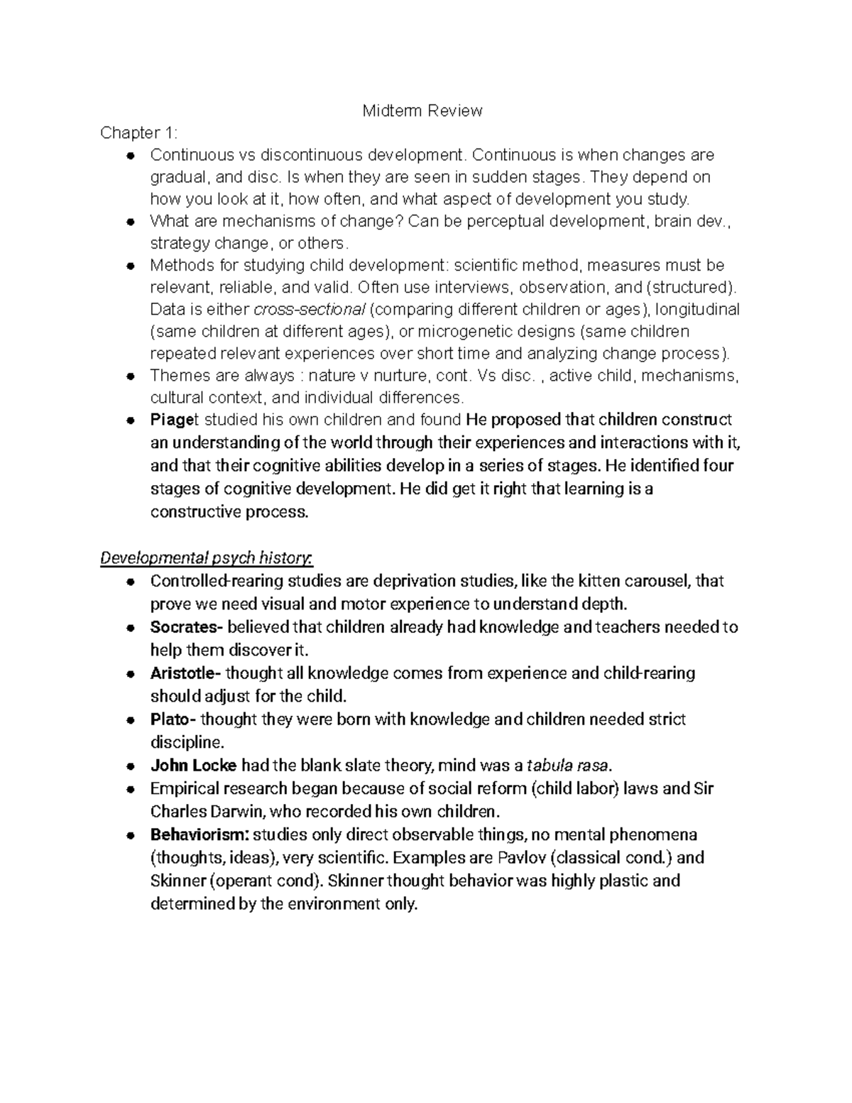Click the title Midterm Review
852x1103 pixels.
pos(422,111)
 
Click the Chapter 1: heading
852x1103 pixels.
pos(139,133)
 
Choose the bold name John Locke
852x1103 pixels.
pos(194,766)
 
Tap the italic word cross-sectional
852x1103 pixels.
pos(310,310)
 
